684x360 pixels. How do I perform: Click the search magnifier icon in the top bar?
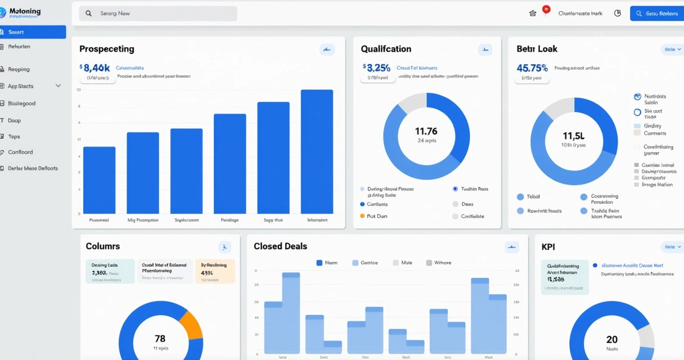coord(88,13)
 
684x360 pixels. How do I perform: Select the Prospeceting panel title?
coord(107,49)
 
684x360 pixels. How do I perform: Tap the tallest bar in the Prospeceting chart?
coord(317,151)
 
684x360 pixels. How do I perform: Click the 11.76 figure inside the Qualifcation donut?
coord(426,131)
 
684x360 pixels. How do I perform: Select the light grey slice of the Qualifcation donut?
coord(412,103)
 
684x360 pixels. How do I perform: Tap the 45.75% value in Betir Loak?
coord(532,68)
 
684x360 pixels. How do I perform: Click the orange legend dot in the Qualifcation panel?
coord(362,216)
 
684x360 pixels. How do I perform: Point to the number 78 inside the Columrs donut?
coord(160,339)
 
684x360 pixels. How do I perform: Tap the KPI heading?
coord(548,246)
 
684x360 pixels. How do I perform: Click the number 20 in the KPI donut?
coord(611,339)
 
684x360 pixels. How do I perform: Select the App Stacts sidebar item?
coord(21,86)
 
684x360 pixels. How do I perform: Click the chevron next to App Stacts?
coord(58,86)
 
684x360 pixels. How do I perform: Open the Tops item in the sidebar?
coord(14,137)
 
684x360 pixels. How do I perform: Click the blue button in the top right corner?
coord(656,13)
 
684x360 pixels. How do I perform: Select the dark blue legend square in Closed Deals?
coord(319,263)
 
